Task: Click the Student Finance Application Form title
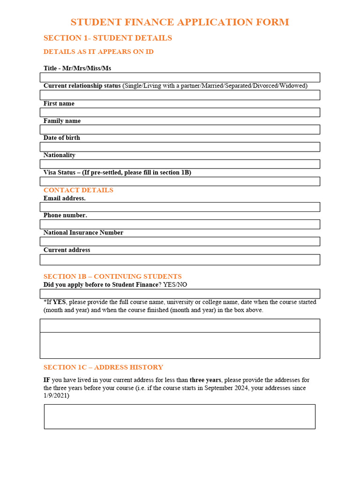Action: click(x=180, y=22)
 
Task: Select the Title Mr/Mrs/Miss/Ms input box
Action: click(x=180, y=78)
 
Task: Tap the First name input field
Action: click(x=180, y=112)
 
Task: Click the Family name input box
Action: click(x=180, y=130)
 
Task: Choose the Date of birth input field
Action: click(x=180, y=147)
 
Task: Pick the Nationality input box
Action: click(x=180, y=164)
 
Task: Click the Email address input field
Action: click(x=180, y=207)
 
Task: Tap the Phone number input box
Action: click(x=180, y=225)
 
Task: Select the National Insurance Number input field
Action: click(x=180, y=241)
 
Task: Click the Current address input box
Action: click(x=180, y=260)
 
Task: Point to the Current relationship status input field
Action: click(x=180, y=95)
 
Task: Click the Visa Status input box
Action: click(x=180, y=181)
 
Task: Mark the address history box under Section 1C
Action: click(x=180, y=416)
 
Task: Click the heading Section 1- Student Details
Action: click(x=108, y=38)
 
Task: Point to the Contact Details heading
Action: click(x=78, y=190)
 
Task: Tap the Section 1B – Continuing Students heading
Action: click(x=112, y=276)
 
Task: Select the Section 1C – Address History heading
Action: click(x=103, y=367)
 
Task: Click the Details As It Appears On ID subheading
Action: click(x=98, y=51)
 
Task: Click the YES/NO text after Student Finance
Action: click(x=175, y=284)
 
